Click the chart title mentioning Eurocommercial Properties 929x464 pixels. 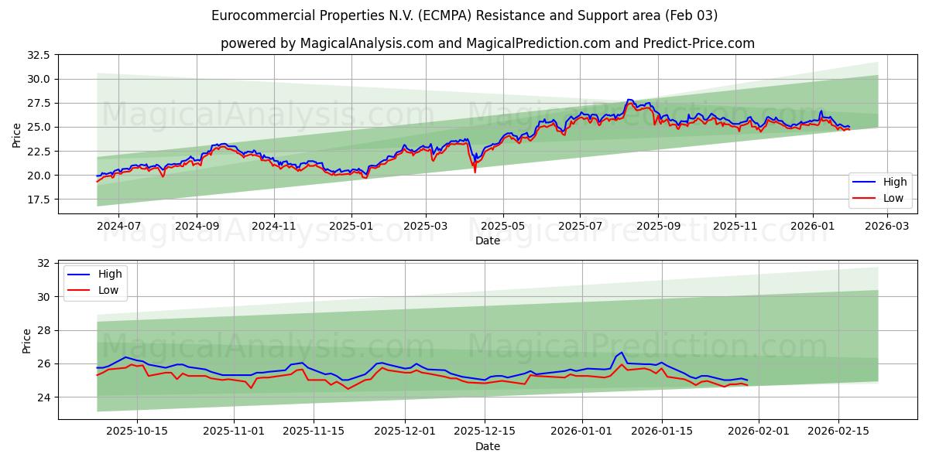464,15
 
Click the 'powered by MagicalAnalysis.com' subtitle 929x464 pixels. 488,43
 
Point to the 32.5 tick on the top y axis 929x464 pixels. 39,55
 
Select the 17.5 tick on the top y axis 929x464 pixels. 39,200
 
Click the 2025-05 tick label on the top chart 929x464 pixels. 503,226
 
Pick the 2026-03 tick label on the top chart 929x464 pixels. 886,226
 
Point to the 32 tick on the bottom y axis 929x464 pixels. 43,263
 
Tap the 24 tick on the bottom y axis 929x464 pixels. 43,397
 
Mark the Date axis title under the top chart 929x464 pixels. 488,241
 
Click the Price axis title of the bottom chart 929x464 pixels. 27,340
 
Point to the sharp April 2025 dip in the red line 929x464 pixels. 475,171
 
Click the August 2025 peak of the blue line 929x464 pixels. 629,100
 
